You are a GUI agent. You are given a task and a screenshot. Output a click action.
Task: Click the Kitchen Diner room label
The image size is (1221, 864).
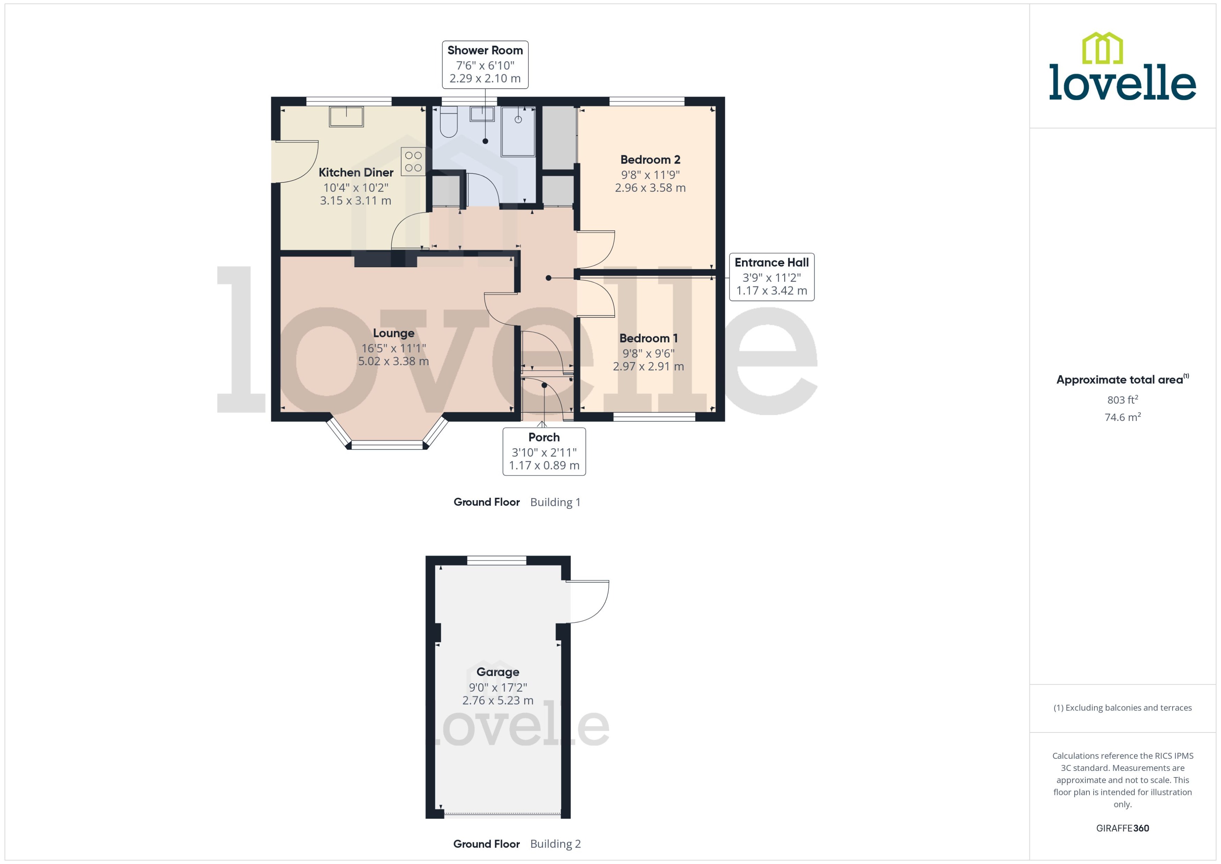point(355,172)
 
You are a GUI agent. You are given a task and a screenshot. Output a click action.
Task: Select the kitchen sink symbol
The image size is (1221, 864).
point(346,117)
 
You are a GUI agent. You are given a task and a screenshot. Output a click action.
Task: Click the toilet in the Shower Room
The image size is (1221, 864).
point(449,122)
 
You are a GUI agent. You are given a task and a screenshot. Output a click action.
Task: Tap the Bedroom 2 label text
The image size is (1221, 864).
point(650,160)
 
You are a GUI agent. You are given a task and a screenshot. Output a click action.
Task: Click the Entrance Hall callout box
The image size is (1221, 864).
point(771,277)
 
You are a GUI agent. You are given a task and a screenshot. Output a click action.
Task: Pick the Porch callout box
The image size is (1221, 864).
point(544,451)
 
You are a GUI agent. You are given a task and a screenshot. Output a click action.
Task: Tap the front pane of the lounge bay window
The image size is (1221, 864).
point(387,445)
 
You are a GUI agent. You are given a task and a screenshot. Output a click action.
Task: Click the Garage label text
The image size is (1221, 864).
point(497,672)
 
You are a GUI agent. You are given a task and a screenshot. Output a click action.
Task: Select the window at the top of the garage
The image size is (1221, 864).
point(496,560)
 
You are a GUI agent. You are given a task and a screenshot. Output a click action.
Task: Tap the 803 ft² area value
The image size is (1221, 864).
point(1122,399)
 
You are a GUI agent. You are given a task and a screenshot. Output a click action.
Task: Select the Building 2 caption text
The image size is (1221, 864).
point(555,844)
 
